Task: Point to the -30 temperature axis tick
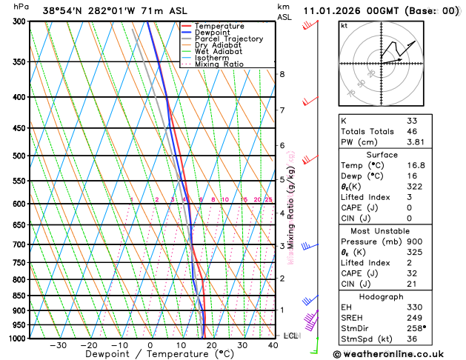58,345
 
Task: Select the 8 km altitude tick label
282,74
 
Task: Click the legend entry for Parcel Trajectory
221,39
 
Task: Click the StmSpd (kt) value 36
413,340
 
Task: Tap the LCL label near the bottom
291,336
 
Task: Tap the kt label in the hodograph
344,25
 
